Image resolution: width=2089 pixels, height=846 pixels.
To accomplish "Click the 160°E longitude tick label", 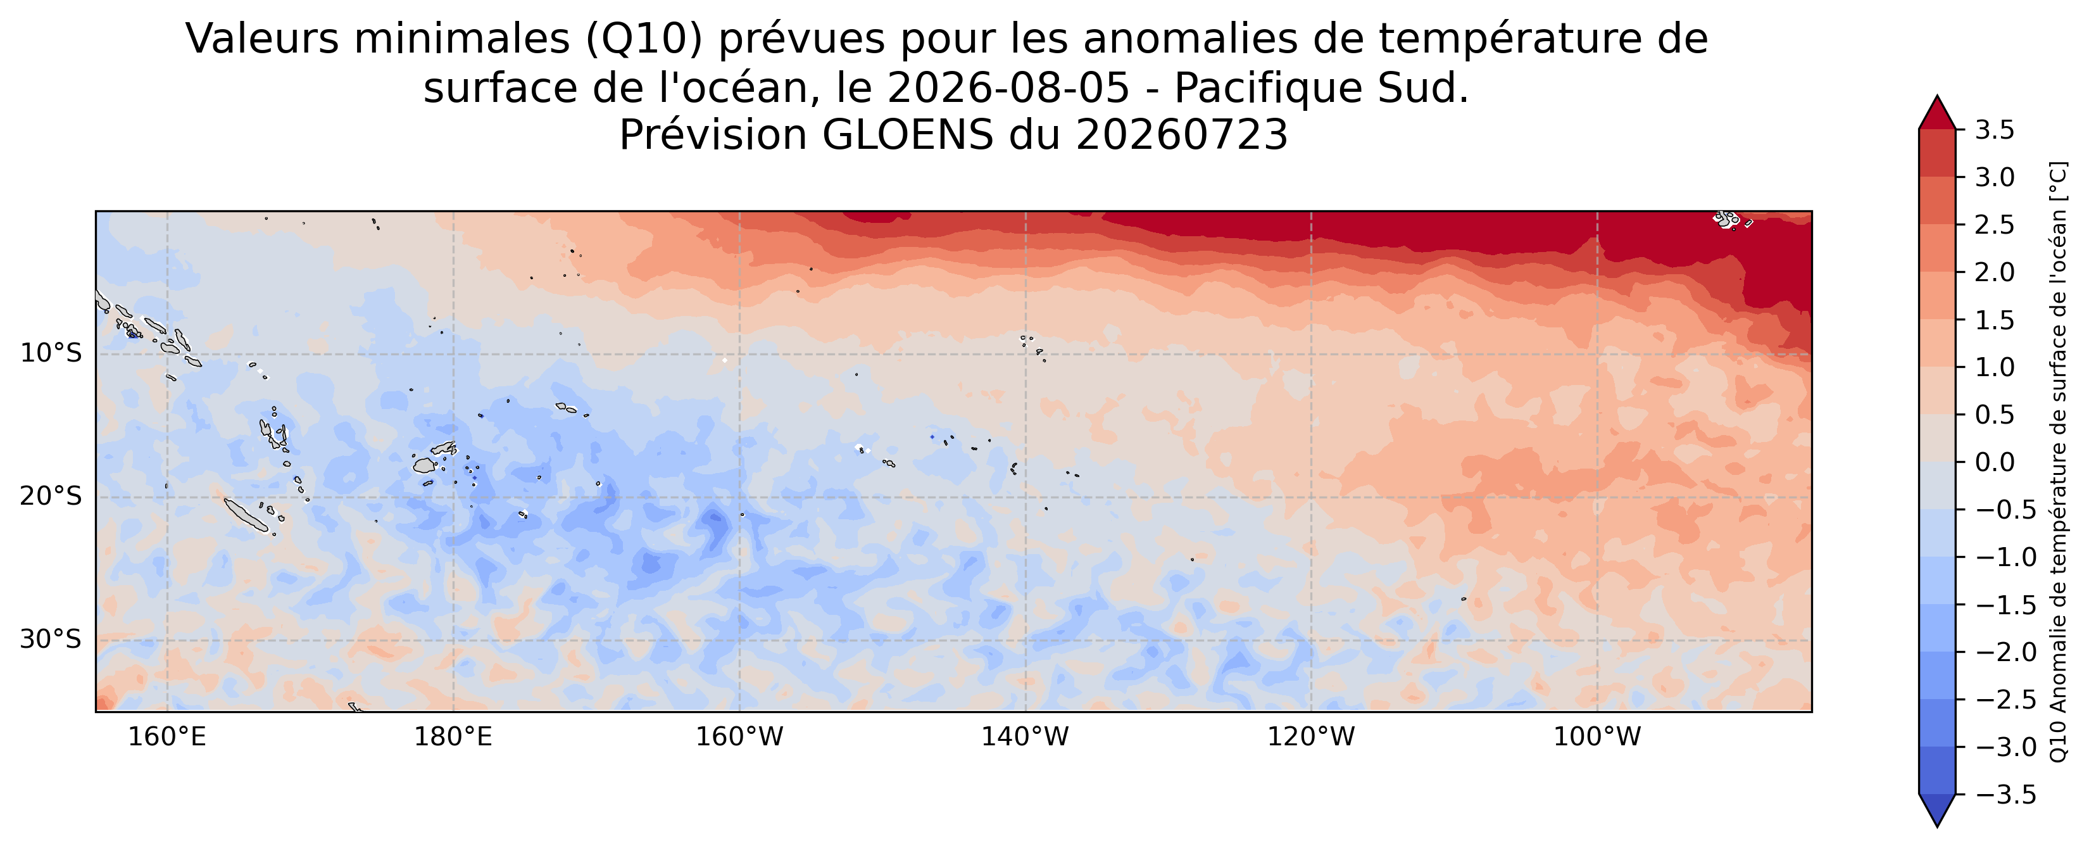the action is (167, 737).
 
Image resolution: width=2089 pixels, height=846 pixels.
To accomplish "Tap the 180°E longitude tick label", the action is (453, 737).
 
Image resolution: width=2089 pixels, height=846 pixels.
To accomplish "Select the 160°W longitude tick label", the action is (739, 737).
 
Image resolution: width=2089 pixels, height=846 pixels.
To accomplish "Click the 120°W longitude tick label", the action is (1311, 737).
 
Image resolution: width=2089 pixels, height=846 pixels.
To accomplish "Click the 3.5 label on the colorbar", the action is (1994, 130).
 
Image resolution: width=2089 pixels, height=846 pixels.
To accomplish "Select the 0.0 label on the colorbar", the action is (1994, 462).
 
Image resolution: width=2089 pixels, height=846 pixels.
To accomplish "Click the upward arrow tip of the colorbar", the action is (1937, 96).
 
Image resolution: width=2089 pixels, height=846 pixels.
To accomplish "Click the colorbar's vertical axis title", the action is (2058, 462).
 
